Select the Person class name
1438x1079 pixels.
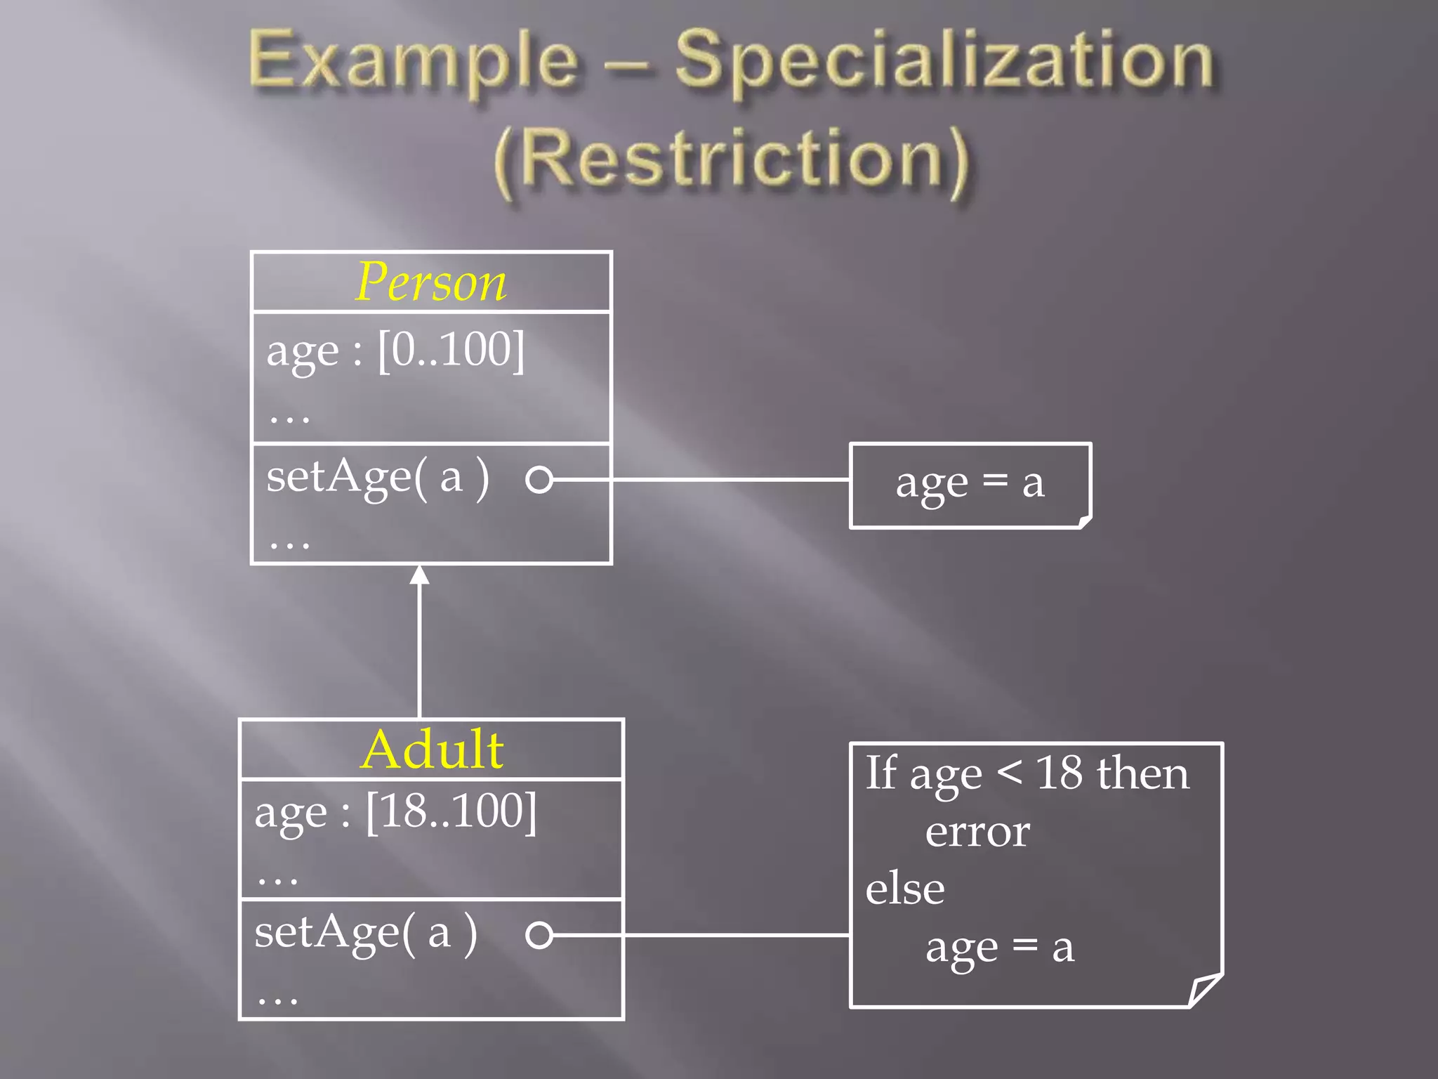[x=430, y=282]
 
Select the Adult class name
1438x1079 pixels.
[x=432, y=750]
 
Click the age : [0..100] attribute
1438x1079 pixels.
[x=395, y=351]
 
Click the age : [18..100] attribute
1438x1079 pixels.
[x=395, y=813]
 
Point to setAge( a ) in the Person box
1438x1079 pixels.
[x=378, y=478]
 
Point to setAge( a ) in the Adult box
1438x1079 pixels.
[x=366, y=933]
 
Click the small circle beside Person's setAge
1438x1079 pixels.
[x=539, y=480]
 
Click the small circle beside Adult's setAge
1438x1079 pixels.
[x=539, y=935]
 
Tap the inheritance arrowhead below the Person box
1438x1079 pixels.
[x=419, y=575]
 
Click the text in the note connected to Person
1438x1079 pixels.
[x=970, y=484]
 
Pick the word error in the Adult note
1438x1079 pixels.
[x=977, y=832]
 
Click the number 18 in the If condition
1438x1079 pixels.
[x=1059, y=774]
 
